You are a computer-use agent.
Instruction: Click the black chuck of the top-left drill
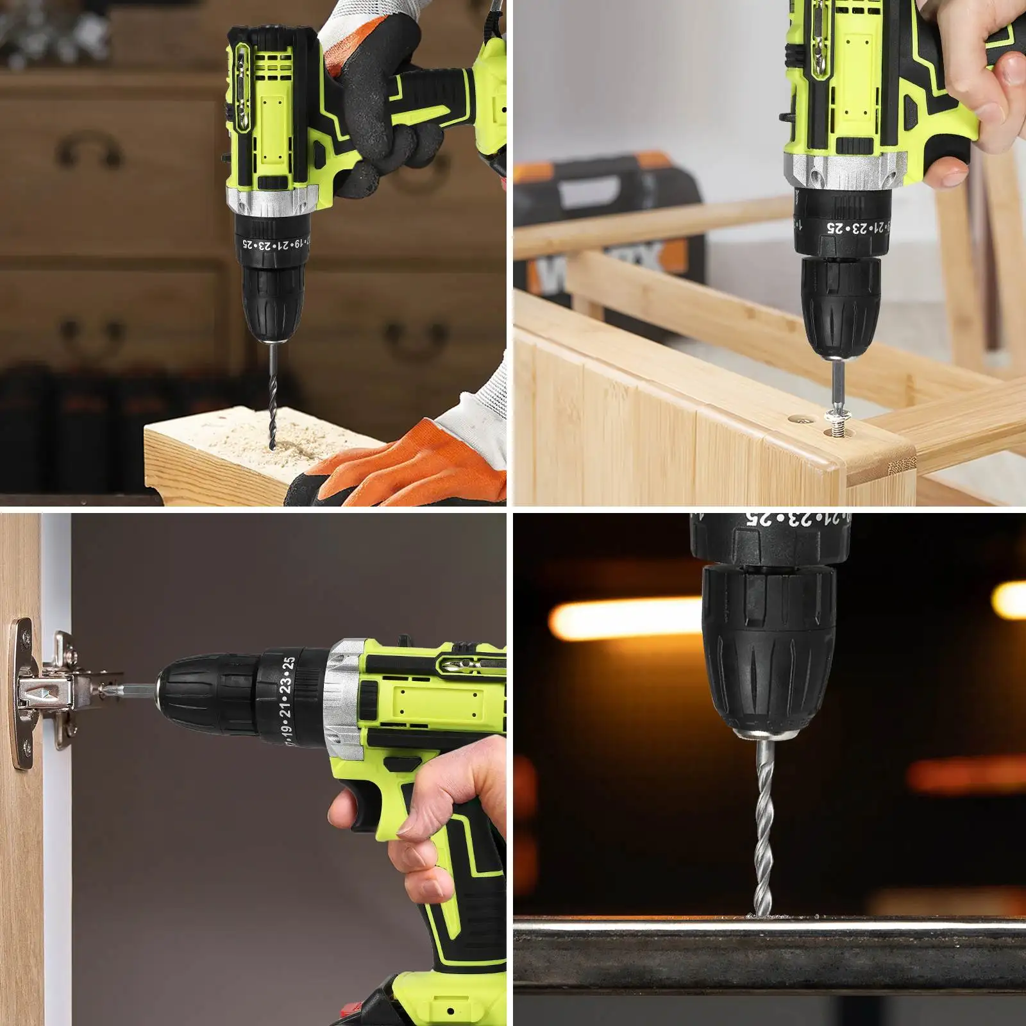point(273,301)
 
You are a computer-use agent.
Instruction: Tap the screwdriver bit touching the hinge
point(138,691)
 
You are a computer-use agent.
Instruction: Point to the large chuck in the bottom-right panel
point(769,648)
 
